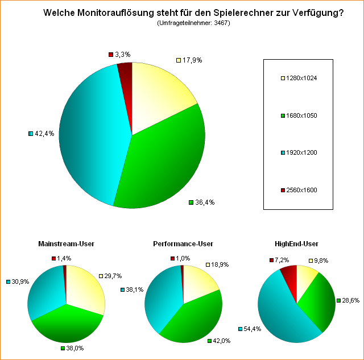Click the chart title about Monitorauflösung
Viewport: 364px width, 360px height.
click(x=193, y=13)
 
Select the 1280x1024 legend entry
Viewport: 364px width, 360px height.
click(x=302, y=78)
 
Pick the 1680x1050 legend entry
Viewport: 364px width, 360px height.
click(x=302, y=115)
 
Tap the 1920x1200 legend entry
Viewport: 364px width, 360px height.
click(x=302, y=153)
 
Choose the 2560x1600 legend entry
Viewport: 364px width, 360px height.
click(x=302, y=191)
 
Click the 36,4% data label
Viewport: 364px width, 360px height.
click(x=205, y=202)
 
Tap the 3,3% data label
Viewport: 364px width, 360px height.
click(x=122, y=55)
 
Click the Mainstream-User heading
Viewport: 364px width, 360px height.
click(x=66, y=244)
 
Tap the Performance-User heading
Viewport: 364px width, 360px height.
click(x=183, y=244)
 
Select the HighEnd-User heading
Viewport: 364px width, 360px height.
click(x=296, y=244)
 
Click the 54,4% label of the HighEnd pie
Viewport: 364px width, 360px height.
click(x=253, y=329)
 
